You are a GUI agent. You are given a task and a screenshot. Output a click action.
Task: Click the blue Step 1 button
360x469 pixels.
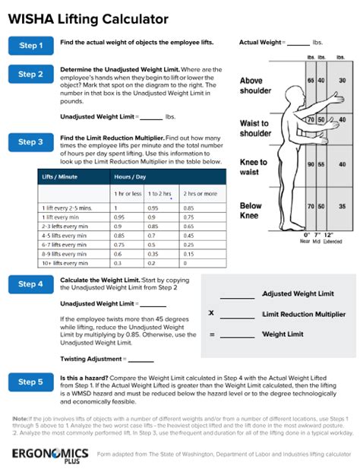coord(31,46)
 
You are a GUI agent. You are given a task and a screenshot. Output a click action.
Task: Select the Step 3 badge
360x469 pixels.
coord(31,142)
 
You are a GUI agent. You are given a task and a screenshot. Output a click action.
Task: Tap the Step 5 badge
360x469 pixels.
coord(31,382)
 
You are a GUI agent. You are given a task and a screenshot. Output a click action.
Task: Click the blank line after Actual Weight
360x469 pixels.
coord(298,43)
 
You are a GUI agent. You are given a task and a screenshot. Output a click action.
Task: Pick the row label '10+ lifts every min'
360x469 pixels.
coord(66,262)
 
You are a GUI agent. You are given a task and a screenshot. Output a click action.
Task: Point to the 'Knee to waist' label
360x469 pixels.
coord(254,166)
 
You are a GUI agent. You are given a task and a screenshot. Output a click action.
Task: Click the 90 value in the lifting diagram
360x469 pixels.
coord(311,164)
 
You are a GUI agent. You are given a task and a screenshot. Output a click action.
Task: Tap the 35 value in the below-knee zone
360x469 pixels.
coord(342,206)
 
